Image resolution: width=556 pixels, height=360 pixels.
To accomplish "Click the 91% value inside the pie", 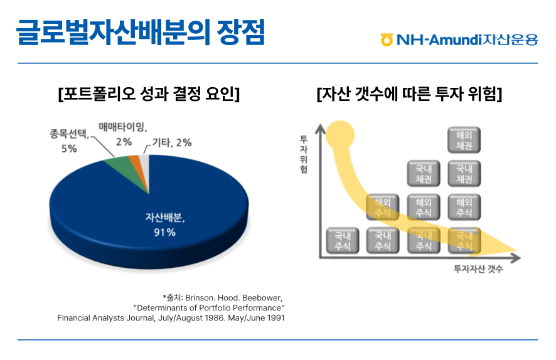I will click(165, 233).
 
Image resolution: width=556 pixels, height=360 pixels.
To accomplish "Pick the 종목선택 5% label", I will click(70, 142).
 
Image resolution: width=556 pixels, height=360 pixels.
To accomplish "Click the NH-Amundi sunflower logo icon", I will click(387, 40).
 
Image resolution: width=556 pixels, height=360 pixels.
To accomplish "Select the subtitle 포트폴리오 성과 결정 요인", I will click(148, 95).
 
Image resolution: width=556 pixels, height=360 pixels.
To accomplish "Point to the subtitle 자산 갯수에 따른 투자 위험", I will click(409, 95).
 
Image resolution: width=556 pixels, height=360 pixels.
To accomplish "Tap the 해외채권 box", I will click(464, 140).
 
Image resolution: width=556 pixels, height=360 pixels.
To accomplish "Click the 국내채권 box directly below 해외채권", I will click(464, 174).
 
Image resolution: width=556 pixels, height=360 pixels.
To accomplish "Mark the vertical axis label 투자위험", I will click(304, 153).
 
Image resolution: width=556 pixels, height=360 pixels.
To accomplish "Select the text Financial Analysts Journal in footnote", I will click(100, 318).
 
